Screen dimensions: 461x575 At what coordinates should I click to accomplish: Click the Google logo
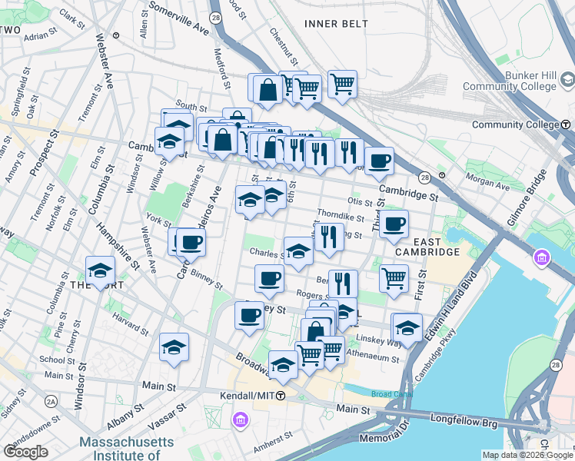26,452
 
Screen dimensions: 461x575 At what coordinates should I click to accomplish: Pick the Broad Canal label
391,394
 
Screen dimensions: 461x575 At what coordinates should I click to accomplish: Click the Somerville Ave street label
179,18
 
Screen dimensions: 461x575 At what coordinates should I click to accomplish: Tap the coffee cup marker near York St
191,243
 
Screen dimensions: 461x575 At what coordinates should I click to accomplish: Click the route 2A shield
51,401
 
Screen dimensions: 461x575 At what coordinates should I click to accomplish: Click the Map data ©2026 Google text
528,455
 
